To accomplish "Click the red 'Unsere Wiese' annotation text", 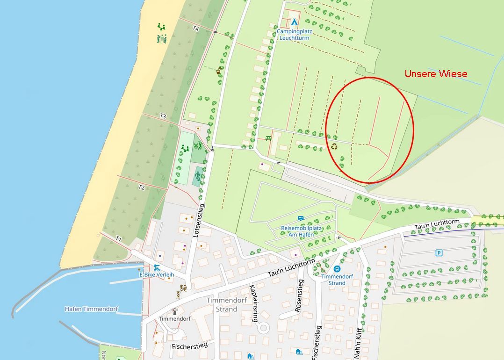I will coord(436,74).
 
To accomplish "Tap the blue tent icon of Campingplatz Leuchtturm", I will coord(294,22).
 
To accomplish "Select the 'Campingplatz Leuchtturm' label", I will coord(294,35).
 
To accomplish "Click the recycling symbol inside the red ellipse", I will coord(335,147).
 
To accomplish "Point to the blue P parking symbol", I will coord(439,253).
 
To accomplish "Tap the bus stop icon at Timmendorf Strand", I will coord(337,269).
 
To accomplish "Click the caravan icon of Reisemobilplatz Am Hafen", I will coord(301,218).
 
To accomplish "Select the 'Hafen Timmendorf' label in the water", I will coord(91,309).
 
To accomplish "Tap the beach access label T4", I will coord(196,29).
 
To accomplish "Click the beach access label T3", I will coord(163,115).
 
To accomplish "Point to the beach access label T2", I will coord(141,187).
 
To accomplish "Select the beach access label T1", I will coord(118,239).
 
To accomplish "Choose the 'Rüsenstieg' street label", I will coord(298,295).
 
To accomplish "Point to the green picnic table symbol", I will coord(268,138).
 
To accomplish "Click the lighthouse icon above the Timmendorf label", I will coord(175,311).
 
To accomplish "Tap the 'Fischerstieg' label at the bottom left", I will coord(189,346).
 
